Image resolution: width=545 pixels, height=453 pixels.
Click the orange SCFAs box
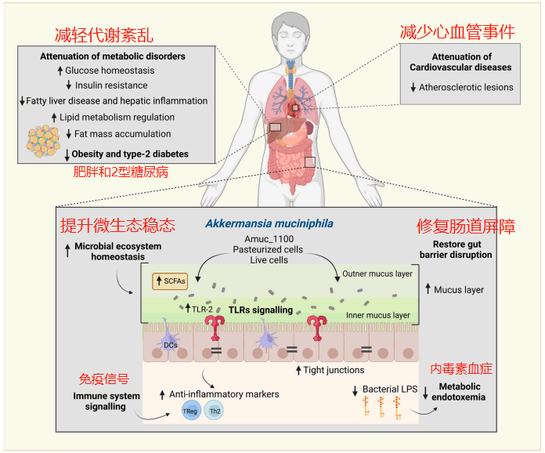point(170,281)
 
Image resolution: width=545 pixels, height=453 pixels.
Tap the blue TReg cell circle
point(191,411)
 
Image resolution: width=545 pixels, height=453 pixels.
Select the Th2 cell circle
point(214,411)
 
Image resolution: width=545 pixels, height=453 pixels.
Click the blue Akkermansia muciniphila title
point(269,223)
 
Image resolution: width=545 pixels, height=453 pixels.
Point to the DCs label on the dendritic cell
point(171,345)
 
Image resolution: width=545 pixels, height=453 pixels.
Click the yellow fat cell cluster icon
point(44,141)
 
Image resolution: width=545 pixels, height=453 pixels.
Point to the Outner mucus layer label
point(377,274)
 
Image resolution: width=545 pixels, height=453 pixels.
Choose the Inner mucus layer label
point(377,315)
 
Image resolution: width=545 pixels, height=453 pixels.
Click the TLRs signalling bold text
point(261,310)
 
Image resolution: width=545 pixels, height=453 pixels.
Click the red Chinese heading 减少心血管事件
point(457,32)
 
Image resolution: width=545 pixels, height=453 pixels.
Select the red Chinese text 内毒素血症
point(461,369)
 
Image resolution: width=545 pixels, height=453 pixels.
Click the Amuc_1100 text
point(269,239)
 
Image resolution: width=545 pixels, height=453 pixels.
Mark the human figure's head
point(291,38)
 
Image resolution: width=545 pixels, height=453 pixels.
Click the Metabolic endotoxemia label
point(459,392)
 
